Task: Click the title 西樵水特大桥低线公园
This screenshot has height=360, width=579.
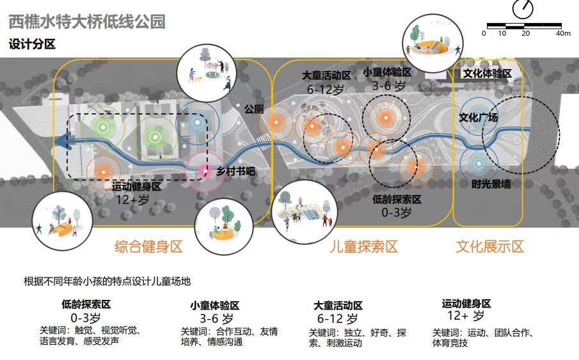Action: [87, 22]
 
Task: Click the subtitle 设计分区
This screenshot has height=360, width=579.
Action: [32, 45]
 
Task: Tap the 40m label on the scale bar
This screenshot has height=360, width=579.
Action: [562, 33]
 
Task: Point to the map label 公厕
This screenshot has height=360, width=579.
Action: [253, 109]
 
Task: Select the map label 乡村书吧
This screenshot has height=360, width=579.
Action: [235, 171]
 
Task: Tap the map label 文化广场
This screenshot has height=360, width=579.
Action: [478, 118]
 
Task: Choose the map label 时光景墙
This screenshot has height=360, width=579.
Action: [491, 184]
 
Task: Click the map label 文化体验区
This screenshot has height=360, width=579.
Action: [488, 74]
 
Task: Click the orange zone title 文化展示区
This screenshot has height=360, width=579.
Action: [489, 247]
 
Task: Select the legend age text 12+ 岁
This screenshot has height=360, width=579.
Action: [466, 316]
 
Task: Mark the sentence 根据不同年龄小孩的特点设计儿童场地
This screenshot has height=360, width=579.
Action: [107, 281]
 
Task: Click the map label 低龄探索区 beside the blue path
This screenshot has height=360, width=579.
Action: [397, 200]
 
